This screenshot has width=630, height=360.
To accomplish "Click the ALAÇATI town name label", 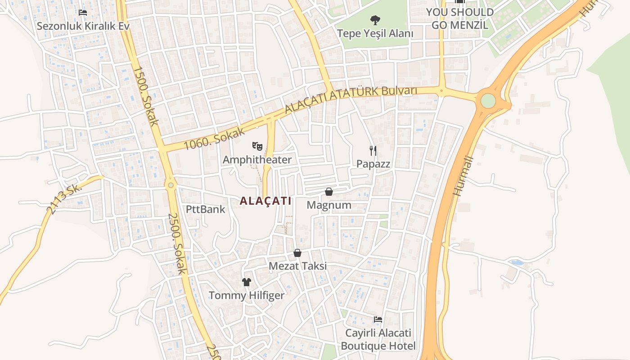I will pos(265,201).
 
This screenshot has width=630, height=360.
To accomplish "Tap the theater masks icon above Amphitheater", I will pos(257,146).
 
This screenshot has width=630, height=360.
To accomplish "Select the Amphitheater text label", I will pos(257,160).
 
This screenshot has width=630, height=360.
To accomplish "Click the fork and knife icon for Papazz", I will pos(373,150).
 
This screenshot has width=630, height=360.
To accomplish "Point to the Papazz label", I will pos(373,164).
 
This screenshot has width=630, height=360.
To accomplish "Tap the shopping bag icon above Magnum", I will pos(329,192).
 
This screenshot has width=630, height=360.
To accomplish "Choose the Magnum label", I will pos(329,205).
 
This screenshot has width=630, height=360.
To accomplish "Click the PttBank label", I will pos(206,209).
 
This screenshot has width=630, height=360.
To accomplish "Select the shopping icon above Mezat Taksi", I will pos(297,253).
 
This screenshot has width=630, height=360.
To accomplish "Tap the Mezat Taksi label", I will pos(297,266).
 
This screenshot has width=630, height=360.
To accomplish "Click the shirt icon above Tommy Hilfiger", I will pos(246,282).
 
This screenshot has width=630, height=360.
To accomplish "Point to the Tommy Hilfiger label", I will pos(246,296).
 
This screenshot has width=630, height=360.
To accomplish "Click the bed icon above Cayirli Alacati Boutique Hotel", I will pos(378,319).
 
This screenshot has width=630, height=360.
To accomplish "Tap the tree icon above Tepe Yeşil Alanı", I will pos(374,20).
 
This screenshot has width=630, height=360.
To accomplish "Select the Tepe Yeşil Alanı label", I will pos(375,33).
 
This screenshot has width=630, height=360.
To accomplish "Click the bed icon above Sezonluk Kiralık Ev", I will pos(83,12).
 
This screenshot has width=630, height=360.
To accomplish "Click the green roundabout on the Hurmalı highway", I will pos(488,101).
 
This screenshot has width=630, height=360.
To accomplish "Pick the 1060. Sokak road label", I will pos(214,139).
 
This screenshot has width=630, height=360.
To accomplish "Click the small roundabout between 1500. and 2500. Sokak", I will pos(171,185).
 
